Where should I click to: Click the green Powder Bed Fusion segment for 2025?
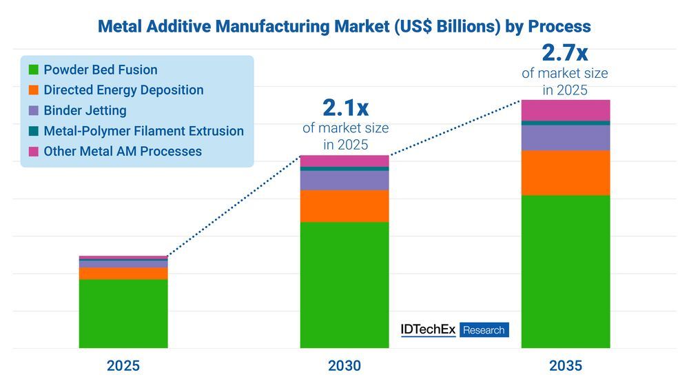point(123,314)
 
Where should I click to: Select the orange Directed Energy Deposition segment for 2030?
point(344,205)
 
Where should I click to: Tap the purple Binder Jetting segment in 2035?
point(566,138)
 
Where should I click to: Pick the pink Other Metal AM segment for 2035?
point(566,110)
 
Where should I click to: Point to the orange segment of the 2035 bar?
point(566,173)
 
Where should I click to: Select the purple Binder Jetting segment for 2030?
point(344,180)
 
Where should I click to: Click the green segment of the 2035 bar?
point(566,272)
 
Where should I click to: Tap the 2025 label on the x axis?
point(123,366)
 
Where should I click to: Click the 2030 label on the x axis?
point(344,366)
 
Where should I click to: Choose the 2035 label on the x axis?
point(566,366)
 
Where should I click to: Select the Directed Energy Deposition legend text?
point(123,90)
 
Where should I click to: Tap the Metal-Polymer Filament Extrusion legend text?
point(143,131)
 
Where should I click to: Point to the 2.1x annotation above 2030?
point(345,108)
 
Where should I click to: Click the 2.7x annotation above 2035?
point(565,52)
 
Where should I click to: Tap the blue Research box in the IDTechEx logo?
point(484,330)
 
